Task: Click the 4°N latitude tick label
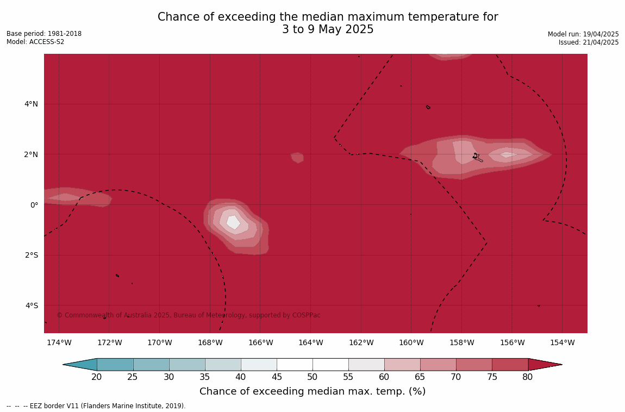(x=31, y=104)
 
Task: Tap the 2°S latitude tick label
(x=32, y=255)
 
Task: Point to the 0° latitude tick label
(x=34, y=205)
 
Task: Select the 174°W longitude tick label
(x=59, y=342)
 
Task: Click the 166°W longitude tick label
(x=260, y=342)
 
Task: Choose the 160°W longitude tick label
(x=411, y=342)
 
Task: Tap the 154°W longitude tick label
(x=562, y=342)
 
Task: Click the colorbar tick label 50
(x=312, y=377)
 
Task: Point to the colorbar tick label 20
(x=96, y=377)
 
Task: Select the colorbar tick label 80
(x=528, y=377)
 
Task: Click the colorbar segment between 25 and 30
(x=151, y=365)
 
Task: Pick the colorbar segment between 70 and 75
(x=474, y=365)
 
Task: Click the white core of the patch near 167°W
(x=233, y=222)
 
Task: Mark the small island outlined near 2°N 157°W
(x=478, y=158)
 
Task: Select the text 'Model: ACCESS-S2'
(x=35, y=42)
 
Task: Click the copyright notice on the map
(x=189, y=315)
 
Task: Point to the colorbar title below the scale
(x=312, y=391)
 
